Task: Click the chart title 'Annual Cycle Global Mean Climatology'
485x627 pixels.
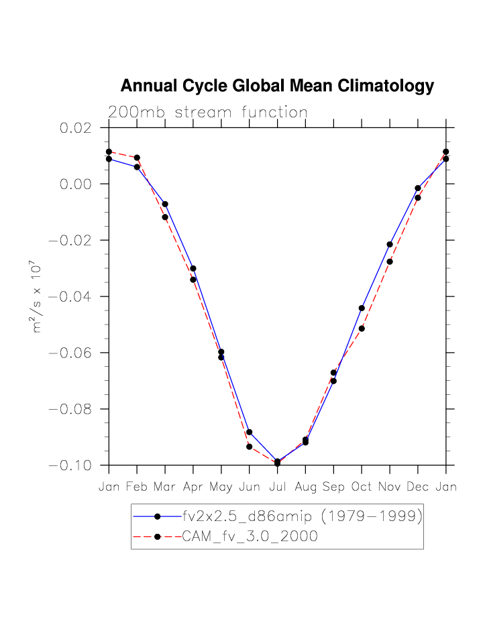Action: [277, 87]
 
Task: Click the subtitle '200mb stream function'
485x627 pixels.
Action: [208, 113]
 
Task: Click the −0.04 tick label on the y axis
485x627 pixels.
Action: [74, 296]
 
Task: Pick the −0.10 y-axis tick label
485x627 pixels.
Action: [74, 465]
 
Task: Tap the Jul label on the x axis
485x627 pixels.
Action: [277, 487]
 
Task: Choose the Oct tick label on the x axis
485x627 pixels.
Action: [362, 487]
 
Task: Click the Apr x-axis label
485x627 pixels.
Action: [193, 487]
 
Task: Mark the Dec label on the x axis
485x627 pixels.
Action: [417, 487]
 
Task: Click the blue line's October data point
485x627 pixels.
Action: [362, 308]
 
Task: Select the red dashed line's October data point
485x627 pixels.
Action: [362, 329]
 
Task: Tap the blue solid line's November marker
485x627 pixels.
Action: [390, 245]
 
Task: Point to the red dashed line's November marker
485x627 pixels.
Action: [390, 262]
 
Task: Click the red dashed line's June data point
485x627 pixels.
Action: [249, 447]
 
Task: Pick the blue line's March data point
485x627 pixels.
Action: [165, 204]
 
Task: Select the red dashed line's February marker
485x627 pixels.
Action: [137, 158]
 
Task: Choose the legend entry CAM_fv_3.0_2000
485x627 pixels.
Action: [250, 536]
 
